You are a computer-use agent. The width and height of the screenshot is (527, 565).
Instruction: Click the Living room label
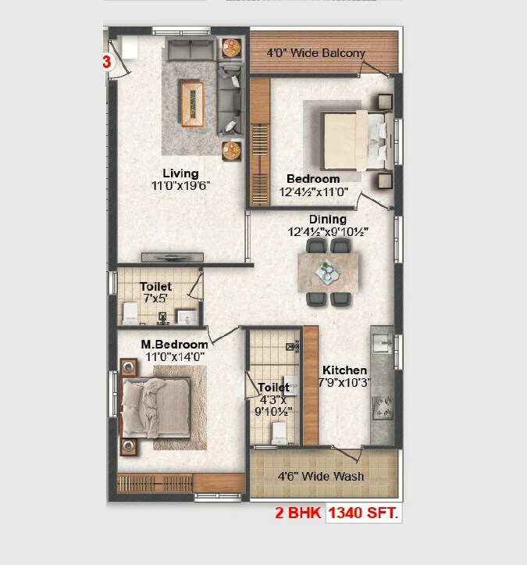pyautogui.click(x=180, y=173)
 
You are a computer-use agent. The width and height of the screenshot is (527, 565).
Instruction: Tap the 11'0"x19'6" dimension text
pyautogui.click(x=180, y=186)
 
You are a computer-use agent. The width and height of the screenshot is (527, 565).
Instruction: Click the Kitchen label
pyautogui.click(x=344, y=370)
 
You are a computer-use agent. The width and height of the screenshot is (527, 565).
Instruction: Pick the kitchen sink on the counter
pyautogui.click(x=382, y=343)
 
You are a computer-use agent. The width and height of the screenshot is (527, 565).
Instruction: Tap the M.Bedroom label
pyautogui.click(x=174, y=345)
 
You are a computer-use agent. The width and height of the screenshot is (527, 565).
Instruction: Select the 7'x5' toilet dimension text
pyautogui.click(x=156, y=299)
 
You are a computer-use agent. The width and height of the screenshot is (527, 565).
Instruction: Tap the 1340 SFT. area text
pyautogui.click(x=363, y=513)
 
